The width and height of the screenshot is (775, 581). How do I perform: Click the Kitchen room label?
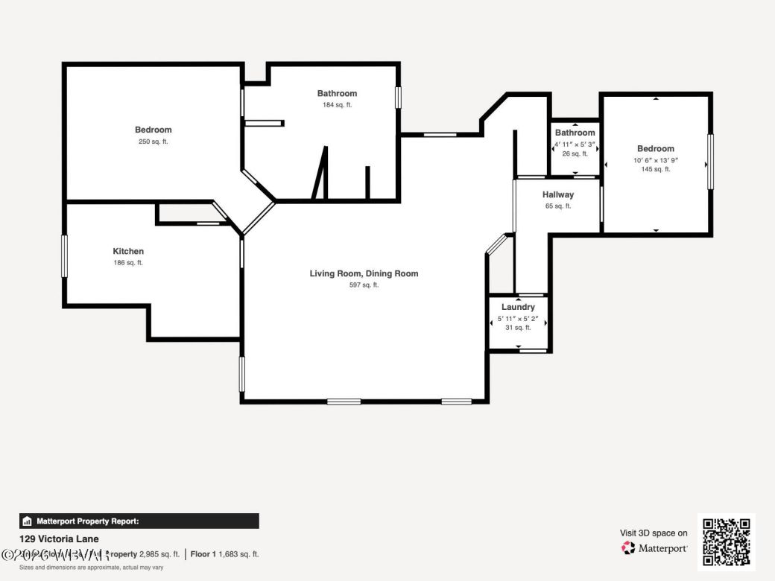[x=128, y=251]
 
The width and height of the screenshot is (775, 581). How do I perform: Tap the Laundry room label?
[x=518, y=307]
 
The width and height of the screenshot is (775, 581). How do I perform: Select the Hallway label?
[x=558, y=194]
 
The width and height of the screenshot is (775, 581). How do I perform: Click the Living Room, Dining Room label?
[x=364, y=273]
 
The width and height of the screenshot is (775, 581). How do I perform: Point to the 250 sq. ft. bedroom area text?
[x=153, y=142]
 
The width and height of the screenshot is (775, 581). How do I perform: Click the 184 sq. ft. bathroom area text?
[x=337, y=105]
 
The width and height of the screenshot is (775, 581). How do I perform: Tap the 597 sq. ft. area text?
[x=364, y=285]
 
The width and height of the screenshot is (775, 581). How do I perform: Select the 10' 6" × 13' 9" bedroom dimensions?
[x=656, y=159]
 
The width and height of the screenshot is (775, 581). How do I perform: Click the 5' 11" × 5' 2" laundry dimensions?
[x=518, y=318]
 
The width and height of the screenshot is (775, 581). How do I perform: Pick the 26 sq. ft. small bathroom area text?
[x=575, y=153]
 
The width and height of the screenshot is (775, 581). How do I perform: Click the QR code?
[x=727, y=542]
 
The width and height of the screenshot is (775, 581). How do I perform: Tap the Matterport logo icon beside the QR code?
[x=629, y=548]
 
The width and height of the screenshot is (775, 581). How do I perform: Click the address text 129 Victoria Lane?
[x=59, y=539]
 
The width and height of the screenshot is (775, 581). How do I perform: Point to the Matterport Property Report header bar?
[x=139, y=521]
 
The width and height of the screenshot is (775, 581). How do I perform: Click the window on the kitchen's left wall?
[x=65, y=256]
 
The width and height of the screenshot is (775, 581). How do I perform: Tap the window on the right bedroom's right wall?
[x=711, y=162]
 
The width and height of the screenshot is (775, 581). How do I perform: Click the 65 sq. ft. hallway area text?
[x=558, y=206]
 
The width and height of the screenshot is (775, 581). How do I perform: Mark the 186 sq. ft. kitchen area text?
[x=128, y=263]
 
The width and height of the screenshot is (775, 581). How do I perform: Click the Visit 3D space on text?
[x=654, y=533]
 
